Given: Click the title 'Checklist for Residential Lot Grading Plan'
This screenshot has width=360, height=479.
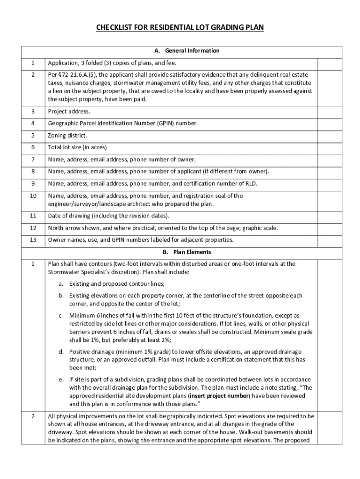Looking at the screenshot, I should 180,28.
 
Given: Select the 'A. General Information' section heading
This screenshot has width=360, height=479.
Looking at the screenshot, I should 180,51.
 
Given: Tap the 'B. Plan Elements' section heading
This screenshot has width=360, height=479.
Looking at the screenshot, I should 180,252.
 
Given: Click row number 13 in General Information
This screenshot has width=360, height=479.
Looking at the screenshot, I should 33,240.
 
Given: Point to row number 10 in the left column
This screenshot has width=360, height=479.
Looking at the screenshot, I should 33,196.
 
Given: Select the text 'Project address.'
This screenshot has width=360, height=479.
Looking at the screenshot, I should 69,111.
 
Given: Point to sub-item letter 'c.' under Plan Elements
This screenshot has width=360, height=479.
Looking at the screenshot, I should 61,316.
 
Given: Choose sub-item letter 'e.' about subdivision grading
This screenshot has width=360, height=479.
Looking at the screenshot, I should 61,379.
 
